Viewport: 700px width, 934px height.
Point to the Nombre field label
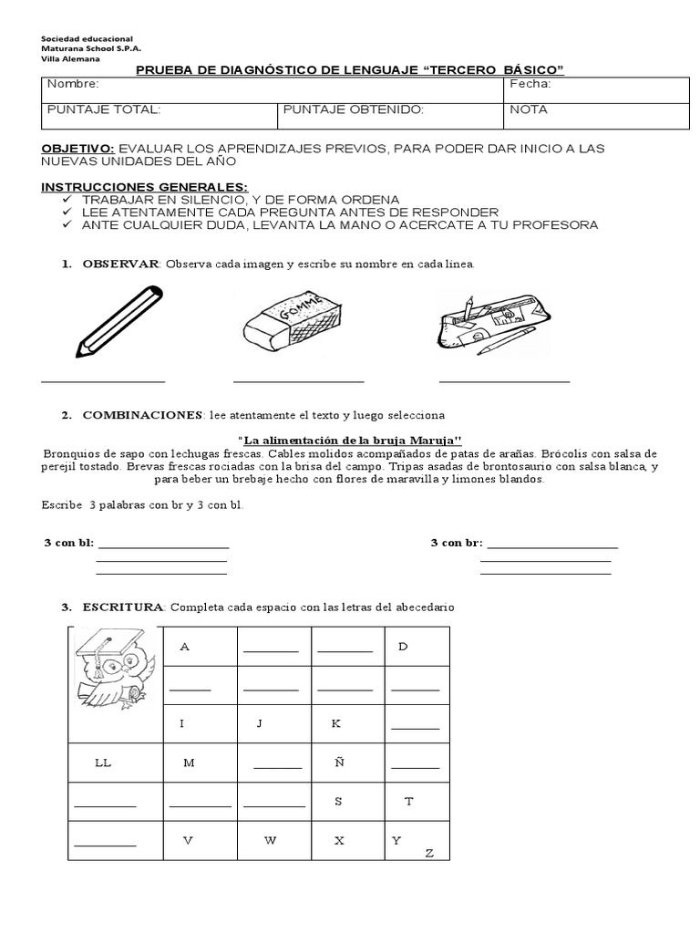pyautogui.click(x=72, y=85)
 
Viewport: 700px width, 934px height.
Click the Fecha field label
pyautogui.click(x=531, y=85)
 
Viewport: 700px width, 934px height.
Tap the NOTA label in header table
pyautogui.click(x=530, y=109)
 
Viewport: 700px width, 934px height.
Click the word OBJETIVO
pyautogui.click(x=78, y=148)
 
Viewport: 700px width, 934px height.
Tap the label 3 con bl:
pyautogui.click(x=69, y=543)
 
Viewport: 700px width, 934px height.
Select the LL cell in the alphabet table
pyautogui.click(x=103, y=763)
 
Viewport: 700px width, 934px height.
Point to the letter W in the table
pyautogui.click(x=271, y=840)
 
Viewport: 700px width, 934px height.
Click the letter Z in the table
pyautogui.click(x=429, y=854)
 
